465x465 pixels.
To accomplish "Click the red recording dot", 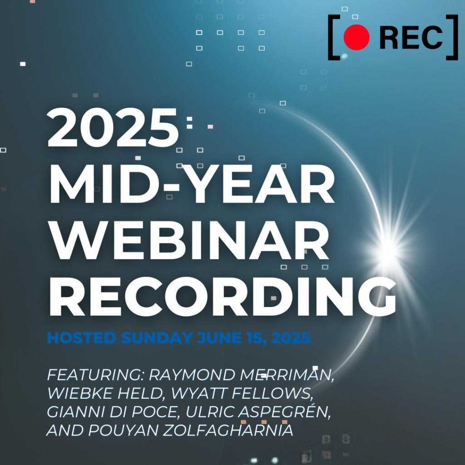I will pos(356,37).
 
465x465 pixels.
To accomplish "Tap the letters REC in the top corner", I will pos(411,37).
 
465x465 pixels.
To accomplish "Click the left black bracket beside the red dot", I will pos(333,37).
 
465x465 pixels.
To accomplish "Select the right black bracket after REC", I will pos(452,37).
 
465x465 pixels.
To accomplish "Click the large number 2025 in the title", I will pos(114,127).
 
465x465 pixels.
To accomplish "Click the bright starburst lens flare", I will pos(389,248).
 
